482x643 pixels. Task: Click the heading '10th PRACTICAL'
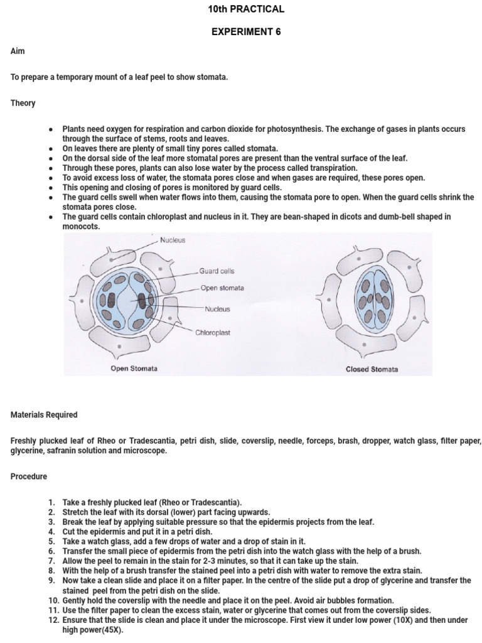[245, 9]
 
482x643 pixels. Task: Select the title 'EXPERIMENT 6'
[245, 32]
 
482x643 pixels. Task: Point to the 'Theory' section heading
[23, 103]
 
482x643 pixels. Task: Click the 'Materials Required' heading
[44, 414]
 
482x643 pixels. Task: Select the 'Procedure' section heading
[29, 477]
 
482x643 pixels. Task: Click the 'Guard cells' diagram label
[217, 271]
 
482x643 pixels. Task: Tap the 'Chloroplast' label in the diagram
[213, 332]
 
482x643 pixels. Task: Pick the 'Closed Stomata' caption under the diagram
[372, 369]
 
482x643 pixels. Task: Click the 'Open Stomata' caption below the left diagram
[134, 369]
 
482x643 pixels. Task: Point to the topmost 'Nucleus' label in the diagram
[172, 240]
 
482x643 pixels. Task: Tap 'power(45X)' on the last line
[92, 630]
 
